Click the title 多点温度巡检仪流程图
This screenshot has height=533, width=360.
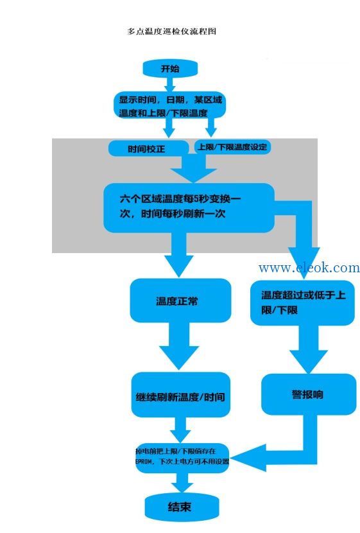pyautogui.click(x=171, y=31)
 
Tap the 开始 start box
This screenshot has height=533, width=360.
pyautogui.click(x=170, y=69)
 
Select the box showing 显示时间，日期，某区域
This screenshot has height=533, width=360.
pyautogui.click(x=170, y=105)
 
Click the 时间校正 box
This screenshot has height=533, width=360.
pyautogui.click(x=148, y=148)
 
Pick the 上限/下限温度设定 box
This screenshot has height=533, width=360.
pyautogui.click(x=233, y=147)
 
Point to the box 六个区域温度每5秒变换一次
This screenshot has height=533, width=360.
pyautogui.click(x=189, y=207)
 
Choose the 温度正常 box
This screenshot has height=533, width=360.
pyautogui.click(x=180, y=301)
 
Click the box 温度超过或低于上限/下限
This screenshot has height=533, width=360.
pyautogui.click(x=302, y=302)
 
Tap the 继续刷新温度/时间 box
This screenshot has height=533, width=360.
pyautogui.click(x=181, y=395)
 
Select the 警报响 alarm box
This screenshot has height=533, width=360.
pyautogui.click(x=309, y=394)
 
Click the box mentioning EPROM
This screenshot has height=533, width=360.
pyautogui.click(x=182, y=457)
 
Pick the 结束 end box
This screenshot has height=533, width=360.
pyautogui.click(x=182, y=507)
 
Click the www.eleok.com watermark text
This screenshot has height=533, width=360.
pyautogui.click(x=309, y=268)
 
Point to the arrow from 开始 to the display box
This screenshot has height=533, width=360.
pyautogui.click(x=170, y=85)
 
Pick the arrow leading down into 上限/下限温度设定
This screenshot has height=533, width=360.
pyautogui.click(x=211, y=128)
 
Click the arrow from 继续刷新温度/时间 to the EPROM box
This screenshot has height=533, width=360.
pyautogui.click(x=180, y=430)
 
